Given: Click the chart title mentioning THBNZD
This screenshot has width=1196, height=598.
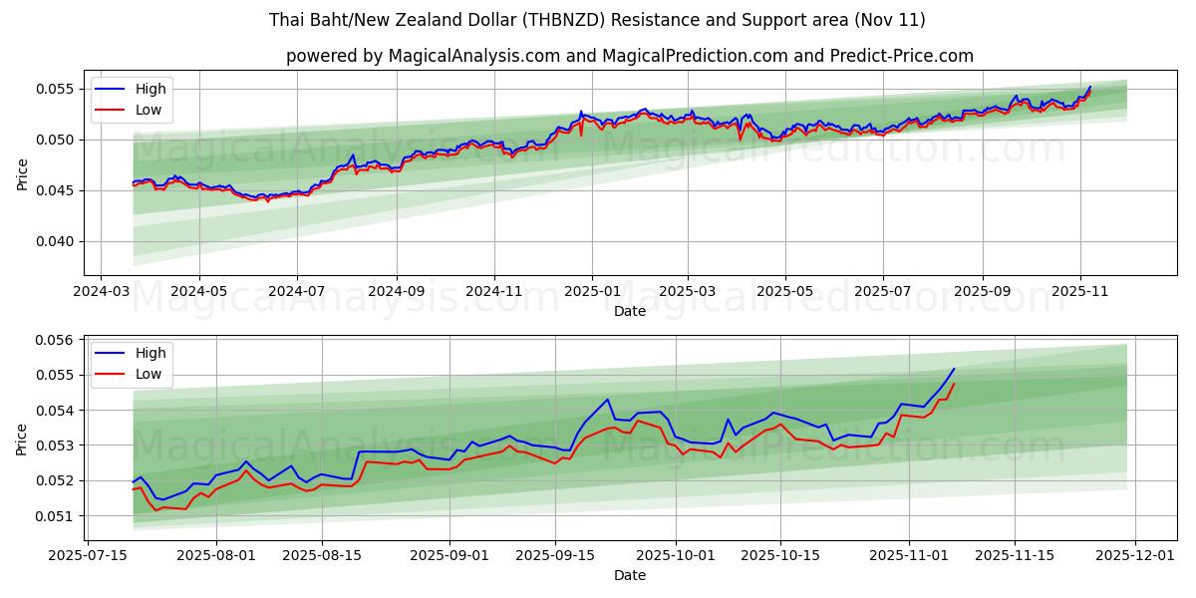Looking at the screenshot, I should (x=597, y=20).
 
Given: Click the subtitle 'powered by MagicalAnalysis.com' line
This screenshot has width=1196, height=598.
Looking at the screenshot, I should (x=629, y=56).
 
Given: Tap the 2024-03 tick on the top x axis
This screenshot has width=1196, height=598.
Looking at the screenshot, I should (x=101, y=292).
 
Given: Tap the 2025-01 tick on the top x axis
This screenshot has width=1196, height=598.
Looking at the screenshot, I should (x=592, y=292).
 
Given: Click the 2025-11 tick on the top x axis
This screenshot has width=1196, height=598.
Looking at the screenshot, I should (x=1080, y=292).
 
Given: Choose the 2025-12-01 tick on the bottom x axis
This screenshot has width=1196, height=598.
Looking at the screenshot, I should (x=1137, y=555).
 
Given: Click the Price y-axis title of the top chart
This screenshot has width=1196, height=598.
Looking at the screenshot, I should (x=22, y=173).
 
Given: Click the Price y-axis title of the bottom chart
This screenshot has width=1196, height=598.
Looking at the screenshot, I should (x=22, y=439).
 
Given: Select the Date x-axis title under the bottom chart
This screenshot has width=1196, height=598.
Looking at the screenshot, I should (x=629, y=575).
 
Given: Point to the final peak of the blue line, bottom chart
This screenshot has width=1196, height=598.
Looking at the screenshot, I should (x=954, y=369).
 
